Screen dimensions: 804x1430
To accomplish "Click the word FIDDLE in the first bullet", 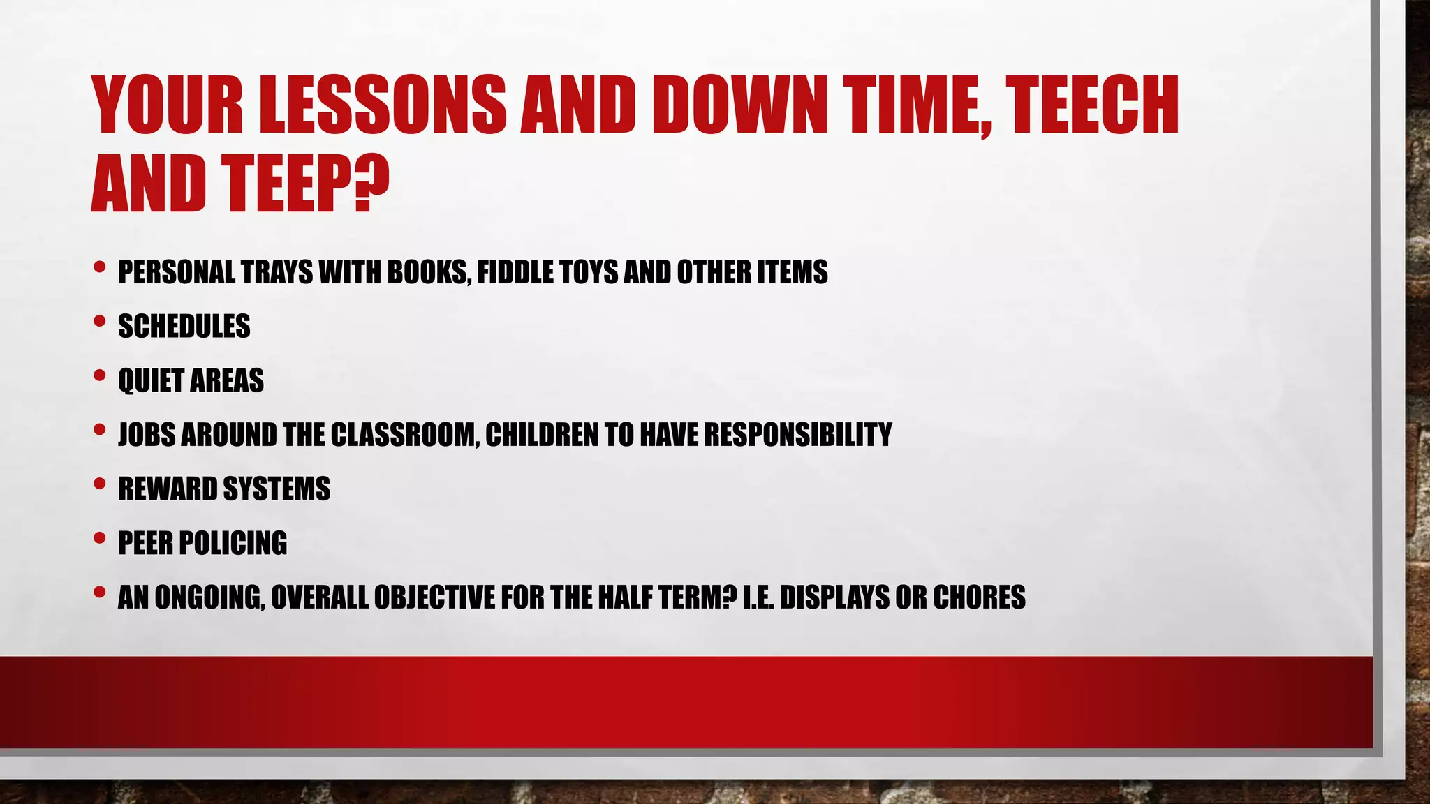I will tap(513, 272).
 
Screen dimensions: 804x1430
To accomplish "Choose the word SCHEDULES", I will tap(184, 327).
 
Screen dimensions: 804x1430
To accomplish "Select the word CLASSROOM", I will tap(404, 435).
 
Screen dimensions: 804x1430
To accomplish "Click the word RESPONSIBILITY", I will tap(797, 435).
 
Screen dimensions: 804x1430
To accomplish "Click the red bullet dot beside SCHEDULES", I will tap(99, 322).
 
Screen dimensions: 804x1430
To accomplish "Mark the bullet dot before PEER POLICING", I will tap(99, 538).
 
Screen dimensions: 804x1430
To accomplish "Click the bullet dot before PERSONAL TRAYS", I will tap(99, 267).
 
